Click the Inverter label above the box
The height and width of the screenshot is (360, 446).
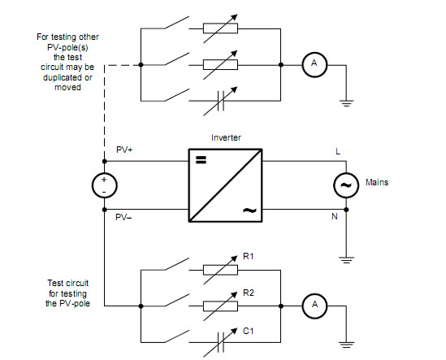coord(226,137)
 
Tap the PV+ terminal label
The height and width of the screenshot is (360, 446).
coord(124,150)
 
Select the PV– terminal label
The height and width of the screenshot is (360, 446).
coord(123,218)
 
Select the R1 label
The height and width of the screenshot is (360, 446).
coord(248,257)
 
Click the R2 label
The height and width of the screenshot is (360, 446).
coord(249,293)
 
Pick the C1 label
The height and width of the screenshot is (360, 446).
coord(248,331)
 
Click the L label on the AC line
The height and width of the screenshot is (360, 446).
coord(338,151)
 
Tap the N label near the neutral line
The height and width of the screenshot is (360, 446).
coord(335,217)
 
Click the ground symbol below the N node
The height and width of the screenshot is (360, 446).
coord(346,260)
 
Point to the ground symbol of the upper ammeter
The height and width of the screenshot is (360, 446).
coord(346,103)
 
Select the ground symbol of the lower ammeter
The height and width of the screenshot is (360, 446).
coord(346,345)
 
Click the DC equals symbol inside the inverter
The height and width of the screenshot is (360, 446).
coord(201,160)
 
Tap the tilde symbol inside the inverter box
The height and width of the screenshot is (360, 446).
coord(249,210)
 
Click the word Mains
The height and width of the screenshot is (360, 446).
coord(377,182)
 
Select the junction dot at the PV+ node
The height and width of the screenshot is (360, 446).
coord(104,162)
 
